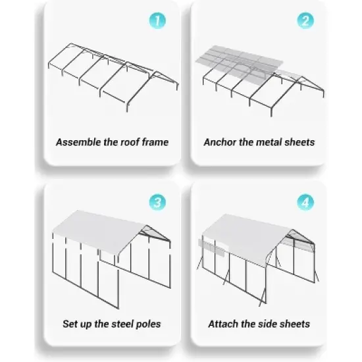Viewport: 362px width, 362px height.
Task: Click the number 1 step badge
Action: [157, 20]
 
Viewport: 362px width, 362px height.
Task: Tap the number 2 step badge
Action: [304, 20]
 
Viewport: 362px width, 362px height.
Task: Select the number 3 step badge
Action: [157, 202]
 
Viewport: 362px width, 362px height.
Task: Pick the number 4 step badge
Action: [304, 202]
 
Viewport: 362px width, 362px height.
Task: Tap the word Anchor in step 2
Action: [220, 142]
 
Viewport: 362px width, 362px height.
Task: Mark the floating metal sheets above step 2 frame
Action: [240, 61]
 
